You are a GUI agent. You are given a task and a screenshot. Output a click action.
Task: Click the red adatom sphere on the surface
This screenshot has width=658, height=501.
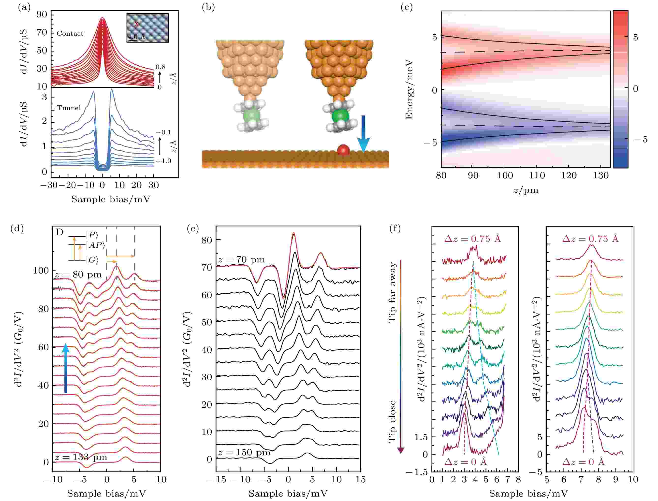coord(343,150)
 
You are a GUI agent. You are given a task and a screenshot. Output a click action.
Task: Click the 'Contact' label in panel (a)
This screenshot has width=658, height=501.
coord(70,33)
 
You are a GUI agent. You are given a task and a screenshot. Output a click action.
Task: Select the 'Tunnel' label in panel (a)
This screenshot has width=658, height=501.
coord(69,108)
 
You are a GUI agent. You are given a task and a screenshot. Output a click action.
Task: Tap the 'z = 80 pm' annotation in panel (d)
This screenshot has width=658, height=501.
coord(78,274)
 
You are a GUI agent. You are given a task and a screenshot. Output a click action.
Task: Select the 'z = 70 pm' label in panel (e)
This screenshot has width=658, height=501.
coord(241,259)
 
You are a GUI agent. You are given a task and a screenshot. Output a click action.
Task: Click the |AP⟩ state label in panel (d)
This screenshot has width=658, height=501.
coord(95,245)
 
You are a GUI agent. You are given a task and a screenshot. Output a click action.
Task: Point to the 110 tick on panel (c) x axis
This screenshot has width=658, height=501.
coord(537,175)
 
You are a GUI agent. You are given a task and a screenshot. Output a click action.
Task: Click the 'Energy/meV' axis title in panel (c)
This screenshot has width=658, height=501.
coord(409,89)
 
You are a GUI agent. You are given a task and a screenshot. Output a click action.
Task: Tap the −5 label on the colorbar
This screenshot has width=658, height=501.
coord(640,139)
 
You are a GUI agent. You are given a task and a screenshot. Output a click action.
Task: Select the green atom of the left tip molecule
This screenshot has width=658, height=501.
coord(252,116)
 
